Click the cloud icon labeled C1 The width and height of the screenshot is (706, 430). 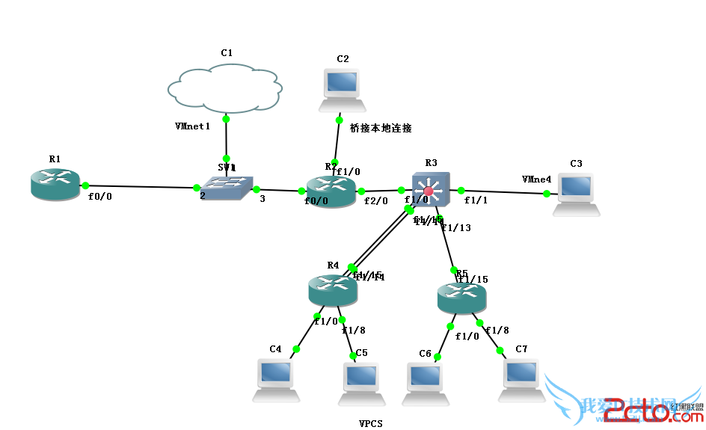pos(225,88)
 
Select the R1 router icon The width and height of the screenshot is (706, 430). pos(55,185)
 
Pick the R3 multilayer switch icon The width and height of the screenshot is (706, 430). pos(430,191)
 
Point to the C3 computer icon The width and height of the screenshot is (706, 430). pos(575,194)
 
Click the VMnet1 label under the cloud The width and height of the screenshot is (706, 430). pos(192,126)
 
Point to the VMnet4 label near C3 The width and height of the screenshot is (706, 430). pos(536,179)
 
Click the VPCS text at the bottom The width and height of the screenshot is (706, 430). pos(370,424)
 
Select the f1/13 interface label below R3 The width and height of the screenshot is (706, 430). pos(456,228)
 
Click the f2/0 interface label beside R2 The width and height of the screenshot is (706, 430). pos(375,201)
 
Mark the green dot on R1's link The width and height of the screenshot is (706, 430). pos(85,185)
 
